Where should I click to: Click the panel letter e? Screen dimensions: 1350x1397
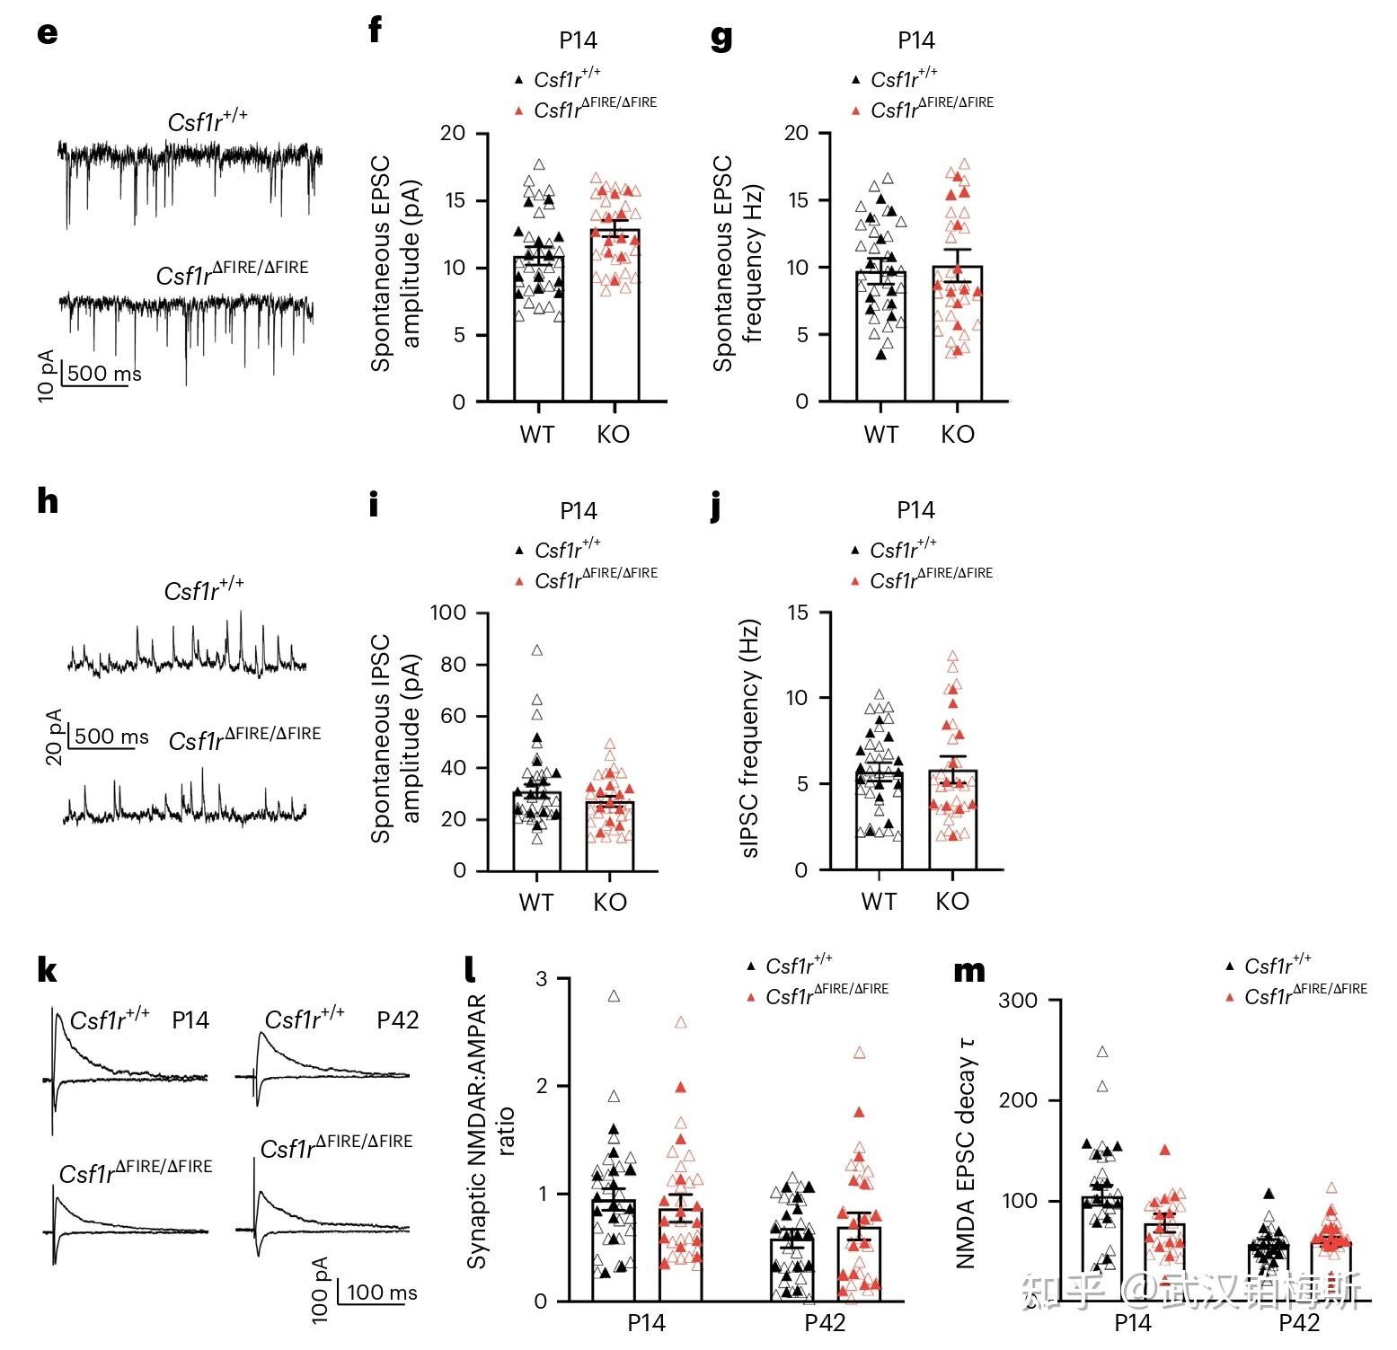(x=48, y=33)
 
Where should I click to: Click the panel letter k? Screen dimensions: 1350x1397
(x=48, y=970)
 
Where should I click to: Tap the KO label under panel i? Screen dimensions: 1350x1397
(x=610, y=902)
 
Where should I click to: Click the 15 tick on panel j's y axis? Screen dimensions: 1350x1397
(x=797, y=613)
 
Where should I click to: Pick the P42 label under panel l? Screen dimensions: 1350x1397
(x=825, y=1323)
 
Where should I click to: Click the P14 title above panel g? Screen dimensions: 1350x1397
(x=916, y=40)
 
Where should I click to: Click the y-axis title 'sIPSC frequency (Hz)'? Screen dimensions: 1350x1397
(x=750, y=738)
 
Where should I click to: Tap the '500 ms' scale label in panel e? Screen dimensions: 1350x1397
(x=104, y=374)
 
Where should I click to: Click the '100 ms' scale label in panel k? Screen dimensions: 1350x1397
(x=382, y=1293)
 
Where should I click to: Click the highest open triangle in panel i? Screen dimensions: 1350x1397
(x=537, y=650)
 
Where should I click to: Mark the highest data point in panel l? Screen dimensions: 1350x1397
(x=615, y=996)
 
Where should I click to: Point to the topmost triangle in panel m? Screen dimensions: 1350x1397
(x=1102, y=1052)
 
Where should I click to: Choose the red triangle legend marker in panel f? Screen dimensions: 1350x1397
(x=518, y=111)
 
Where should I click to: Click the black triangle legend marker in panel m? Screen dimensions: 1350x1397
(x=1229, y=967)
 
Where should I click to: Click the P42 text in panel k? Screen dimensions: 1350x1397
(x=397, y=1020)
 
